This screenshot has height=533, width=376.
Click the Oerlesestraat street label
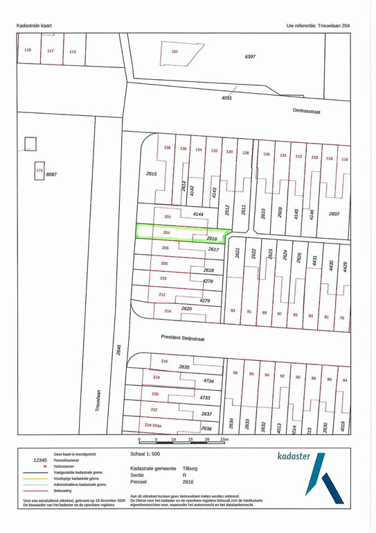point(306,111)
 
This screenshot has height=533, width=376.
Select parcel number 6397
point(251,56)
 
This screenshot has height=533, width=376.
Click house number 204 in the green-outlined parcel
point(166,232)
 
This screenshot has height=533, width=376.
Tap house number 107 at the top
point(174,51)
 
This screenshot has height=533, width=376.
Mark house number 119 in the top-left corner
point(28,50)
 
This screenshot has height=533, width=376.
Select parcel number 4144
point(199,216)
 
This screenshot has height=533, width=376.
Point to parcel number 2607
point(334,214)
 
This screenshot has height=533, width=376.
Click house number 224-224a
point(157,423)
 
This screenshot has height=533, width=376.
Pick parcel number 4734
point(208,380)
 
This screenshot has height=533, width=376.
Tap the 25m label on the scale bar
point(224,440)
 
